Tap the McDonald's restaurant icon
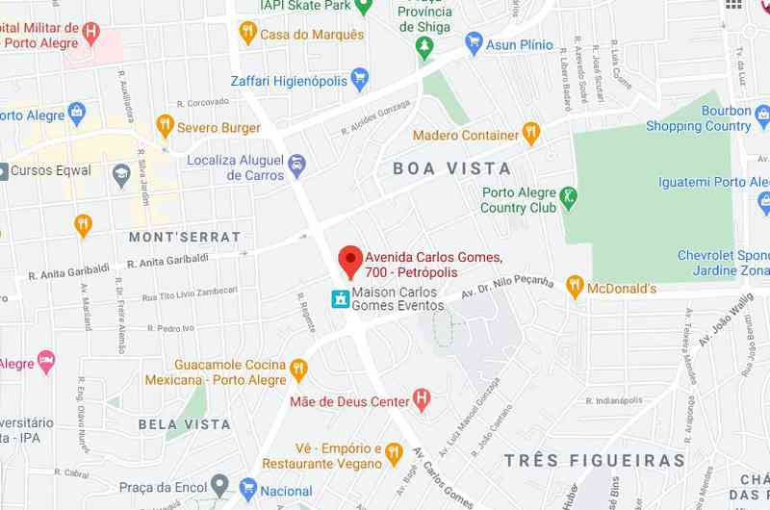click(x=575, y=286)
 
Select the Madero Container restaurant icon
click(x=530, y=133)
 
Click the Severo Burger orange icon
click(x=165, y=126)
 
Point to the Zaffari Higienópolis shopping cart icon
click(x=360, y=79)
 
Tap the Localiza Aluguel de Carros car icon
click(x=297, y=166)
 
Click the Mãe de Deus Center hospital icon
click(x=421, y=398)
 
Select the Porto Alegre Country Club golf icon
click(x=569, y=198)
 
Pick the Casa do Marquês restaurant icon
click(x=247, y=34)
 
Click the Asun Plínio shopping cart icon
click(x=474, y=42)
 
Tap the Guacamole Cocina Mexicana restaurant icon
click(x=298, y=370)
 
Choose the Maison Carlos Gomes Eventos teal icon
click(x=339, y=299)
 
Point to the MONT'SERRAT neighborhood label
click(x=185, y=237)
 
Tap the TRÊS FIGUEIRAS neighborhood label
click(x=595, y=461)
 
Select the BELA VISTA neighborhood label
click(x=184, y=424)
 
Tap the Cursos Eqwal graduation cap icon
click(x=120, y=173)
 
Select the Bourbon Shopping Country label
click(x=699, y=118)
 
